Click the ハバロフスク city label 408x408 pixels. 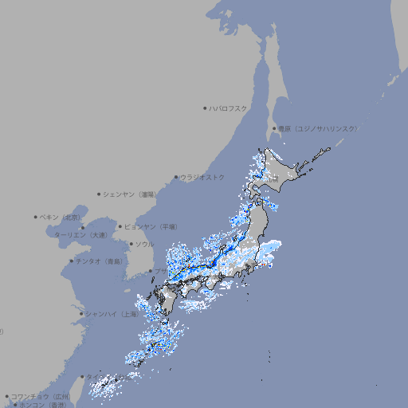coord(228,108)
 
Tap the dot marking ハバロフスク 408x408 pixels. coord(205,108)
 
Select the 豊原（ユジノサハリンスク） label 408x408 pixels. coord(318,128)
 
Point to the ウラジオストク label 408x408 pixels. coord(202,177)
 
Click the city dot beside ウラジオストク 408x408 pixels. coord(176,178)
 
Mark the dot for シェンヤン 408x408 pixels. coord(100,194)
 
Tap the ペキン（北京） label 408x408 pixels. coord(61,217)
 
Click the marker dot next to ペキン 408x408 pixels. coord(36,217)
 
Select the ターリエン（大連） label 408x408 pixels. coord(80,235)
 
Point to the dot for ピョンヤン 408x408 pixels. coord(120,226)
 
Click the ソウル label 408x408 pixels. coord(144,244)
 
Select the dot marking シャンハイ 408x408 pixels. coord(81,314)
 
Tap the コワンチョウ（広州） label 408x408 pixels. coord(40,396)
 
